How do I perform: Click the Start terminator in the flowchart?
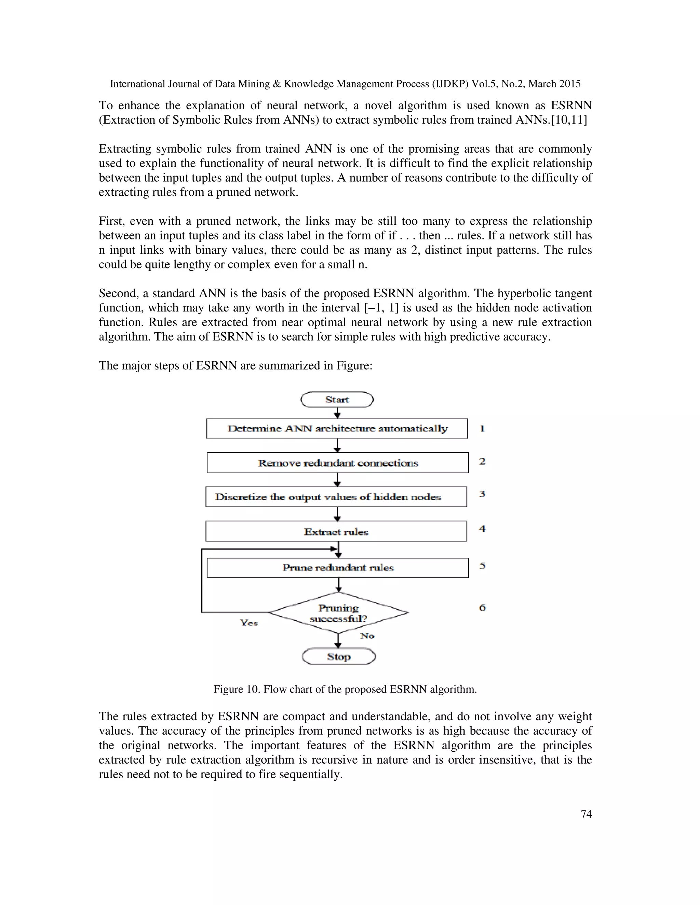[337, 400]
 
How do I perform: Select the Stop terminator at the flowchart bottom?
[338, 656]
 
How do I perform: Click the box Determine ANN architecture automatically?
[337, 429]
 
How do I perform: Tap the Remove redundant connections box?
[338, 463]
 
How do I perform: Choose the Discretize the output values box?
[336, 497]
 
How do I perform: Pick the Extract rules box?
[336, 532]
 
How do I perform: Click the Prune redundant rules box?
[338, 568]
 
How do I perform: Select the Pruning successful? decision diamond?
[338, 613]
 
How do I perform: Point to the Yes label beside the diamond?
[249, 623]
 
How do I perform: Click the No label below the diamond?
[367, 636]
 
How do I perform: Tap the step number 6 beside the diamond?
[482, 608]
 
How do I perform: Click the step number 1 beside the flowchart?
[482, 429]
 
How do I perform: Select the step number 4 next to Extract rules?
[482, 529]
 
